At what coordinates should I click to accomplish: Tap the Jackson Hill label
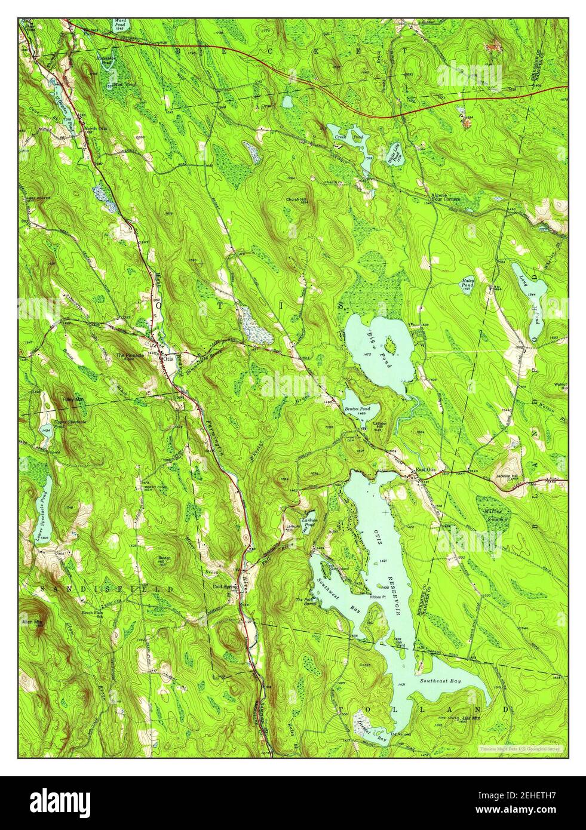click(x=507, y=475)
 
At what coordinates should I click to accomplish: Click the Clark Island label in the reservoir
click(x=399, y=644)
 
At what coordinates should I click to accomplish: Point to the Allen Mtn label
click(x=30, y=622)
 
